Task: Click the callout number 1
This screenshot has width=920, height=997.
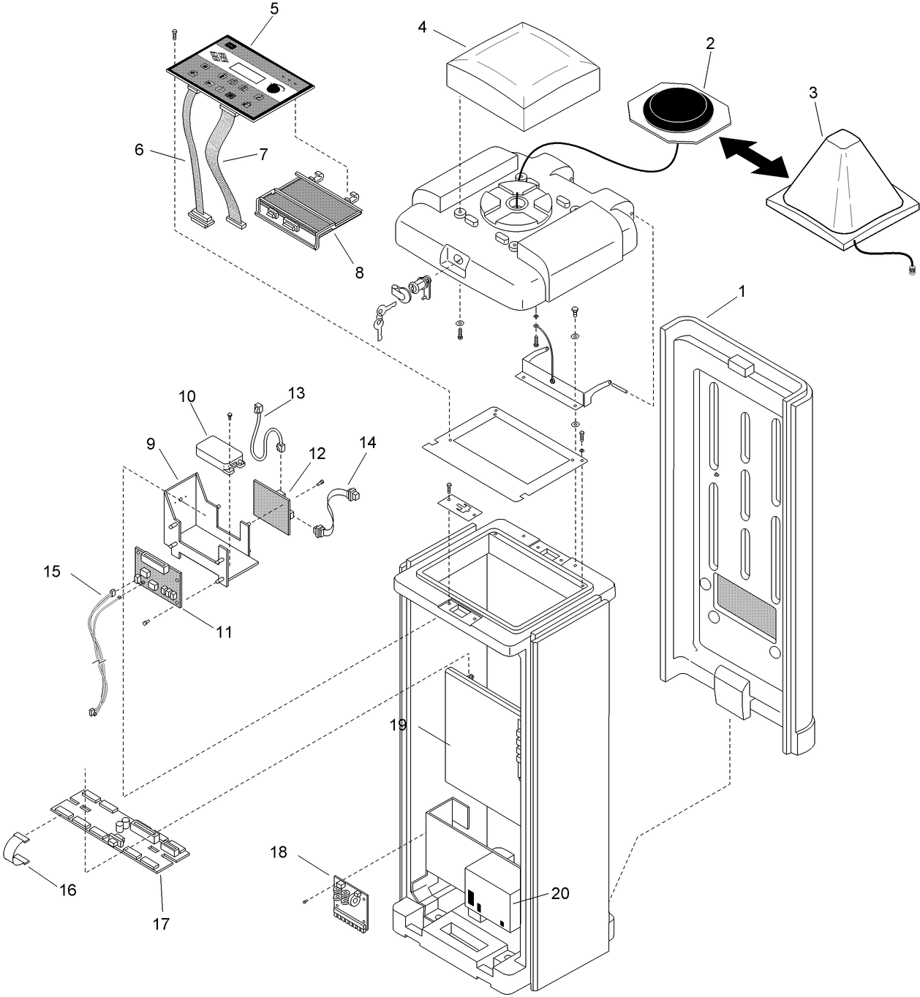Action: coord(742,291)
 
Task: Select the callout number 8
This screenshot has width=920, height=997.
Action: coord(359,273)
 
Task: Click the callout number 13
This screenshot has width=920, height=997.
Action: coord(296,393)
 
